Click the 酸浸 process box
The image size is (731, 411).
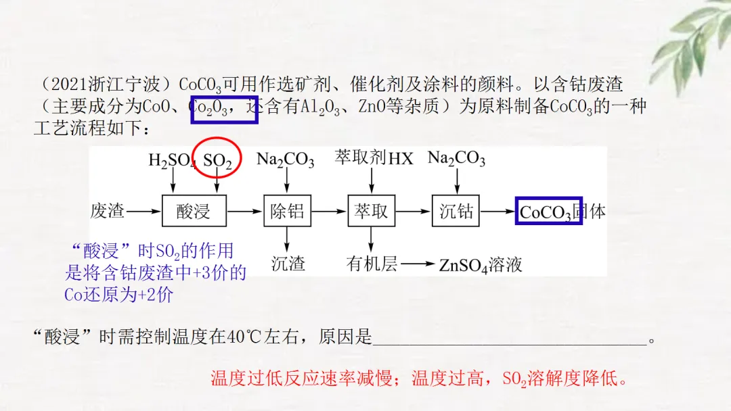[194, 212]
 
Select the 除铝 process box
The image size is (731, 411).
[287, 212]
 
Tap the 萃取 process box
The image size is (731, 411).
[371, 212]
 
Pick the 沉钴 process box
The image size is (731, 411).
[456, 212]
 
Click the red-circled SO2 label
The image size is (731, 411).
[217, 161]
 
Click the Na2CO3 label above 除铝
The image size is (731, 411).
[285, 160]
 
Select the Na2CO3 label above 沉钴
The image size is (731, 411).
[456, 159]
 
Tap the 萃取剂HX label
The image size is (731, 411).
[374, 158]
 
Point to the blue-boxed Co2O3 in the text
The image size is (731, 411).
[224, 110]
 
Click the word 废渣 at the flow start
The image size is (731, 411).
[108, 211]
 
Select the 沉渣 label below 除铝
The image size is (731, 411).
[288, 263]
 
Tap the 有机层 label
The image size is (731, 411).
[372, 263]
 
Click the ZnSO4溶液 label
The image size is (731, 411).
[481, 264]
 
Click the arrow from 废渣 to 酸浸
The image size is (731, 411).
[144, 212]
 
